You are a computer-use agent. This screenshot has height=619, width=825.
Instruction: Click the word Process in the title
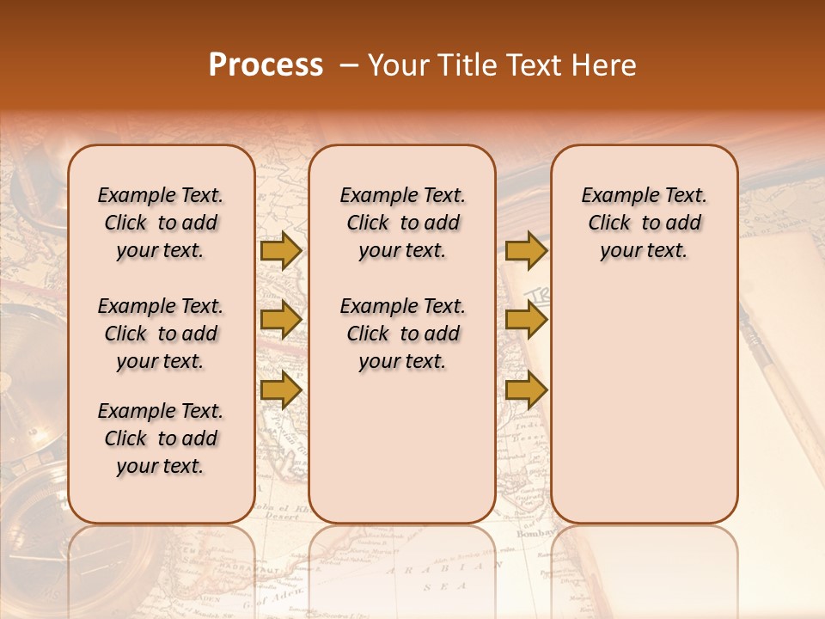coord(266,65)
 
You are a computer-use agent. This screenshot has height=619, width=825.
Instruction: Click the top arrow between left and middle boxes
coord(280,250)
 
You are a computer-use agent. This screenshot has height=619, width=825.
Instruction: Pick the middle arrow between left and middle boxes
coord(280,320)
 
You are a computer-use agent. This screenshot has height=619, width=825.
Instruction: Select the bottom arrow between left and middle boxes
coord(280,390)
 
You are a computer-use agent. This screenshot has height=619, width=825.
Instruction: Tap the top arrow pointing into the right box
coord(526,250)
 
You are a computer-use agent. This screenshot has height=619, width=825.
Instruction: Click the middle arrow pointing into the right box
coord(526,320)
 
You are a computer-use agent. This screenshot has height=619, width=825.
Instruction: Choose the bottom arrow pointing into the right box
coord(526,390)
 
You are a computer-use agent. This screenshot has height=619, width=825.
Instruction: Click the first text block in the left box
coord(161,223)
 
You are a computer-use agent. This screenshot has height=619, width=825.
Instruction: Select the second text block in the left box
coord(161,334)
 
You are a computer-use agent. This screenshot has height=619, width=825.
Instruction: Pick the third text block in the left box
coord(161,438)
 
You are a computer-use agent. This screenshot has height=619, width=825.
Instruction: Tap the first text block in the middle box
coord(403,223)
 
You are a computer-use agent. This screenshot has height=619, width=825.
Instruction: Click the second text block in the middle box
coord(403,334)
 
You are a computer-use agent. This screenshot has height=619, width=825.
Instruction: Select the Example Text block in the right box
coord(645,223)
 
